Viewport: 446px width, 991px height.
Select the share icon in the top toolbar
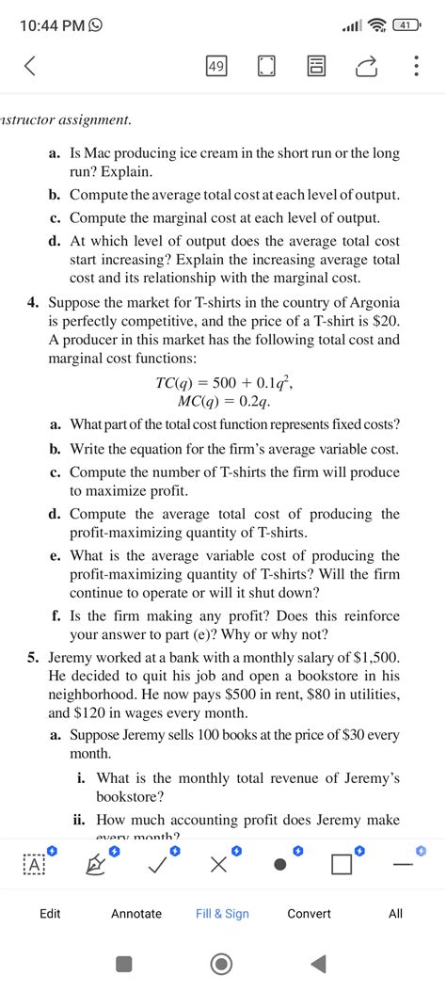[364, 67]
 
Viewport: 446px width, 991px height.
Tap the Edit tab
[51, 913]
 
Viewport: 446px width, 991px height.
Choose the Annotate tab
[136, 913]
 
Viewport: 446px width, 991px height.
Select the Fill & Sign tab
[222, 913]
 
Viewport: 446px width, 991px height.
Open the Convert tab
[309, 913]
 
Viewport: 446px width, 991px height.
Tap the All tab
[395, 913]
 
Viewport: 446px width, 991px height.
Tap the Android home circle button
[223, 963]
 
